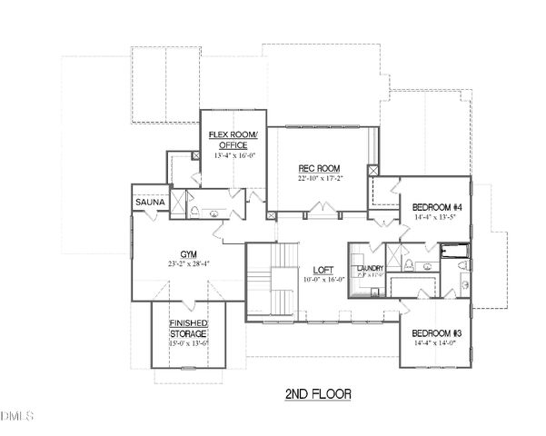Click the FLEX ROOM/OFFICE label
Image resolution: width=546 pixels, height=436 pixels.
click(233, 139)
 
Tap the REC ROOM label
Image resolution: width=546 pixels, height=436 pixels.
click(319, 168)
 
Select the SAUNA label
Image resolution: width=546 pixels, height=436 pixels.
click(150, 202)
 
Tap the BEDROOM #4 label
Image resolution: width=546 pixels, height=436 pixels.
click(432, 206)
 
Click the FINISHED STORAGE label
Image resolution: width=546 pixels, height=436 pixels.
click(188, 329)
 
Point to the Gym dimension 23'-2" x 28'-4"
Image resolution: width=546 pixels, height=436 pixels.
click(188, 264)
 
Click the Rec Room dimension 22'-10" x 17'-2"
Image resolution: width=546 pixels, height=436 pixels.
click(319, 179)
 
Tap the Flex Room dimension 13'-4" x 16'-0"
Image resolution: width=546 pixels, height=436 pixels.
click(233, 155)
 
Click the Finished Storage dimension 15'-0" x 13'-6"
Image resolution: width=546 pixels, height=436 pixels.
click(188, 344)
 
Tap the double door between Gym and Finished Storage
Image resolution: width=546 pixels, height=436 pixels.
click(188, 300)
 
